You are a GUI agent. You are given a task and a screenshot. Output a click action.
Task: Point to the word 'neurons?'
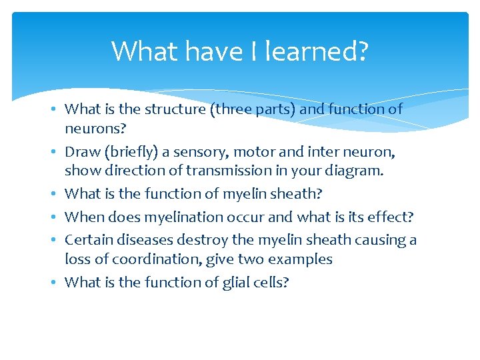[x=93, y=128]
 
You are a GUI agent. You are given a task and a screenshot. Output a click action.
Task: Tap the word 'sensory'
[x=198, y=152]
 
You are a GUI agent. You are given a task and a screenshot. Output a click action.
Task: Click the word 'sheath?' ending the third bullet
[x=299, y=194]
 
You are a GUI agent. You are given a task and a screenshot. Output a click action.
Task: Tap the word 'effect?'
[x=390, y=217]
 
